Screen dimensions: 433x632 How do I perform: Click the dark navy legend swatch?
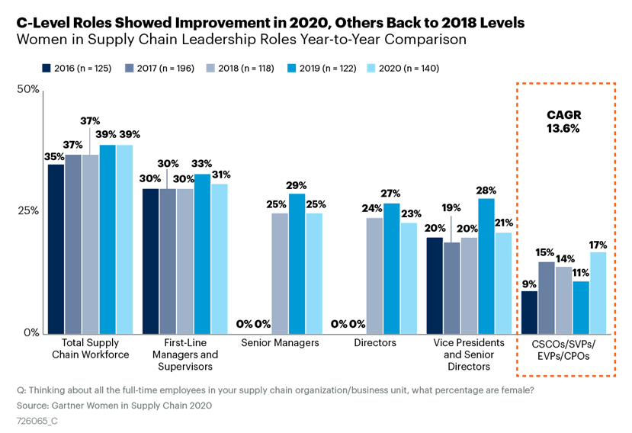click(47, 68)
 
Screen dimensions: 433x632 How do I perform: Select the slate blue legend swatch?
click(129, 68)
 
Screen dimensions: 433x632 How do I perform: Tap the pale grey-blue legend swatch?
click(210, 68)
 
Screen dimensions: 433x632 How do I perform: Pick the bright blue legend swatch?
click(291, 68)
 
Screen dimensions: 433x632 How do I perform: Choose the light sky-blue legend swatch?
click(371, 68)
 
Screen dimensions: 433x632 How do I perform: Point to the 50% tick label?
click(28, 90)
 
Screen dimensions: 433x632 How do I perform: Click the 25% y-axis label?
click(28, 210)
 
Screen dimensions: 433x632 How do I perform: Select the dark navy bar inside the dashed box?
click(529, 312)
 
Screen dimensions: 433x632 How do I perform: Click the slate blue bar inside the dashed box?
click(547, 297)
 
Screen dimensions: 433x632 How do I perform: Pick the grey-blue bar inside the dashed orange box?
click(563, 300)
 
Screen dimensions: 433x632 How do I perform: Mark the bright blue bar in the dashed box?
click(581, 307)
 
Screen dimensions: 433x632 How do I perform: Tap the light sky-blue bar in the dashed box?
click(598, 292)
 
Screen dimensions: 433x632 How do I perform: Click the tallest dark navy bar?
click(56, 249)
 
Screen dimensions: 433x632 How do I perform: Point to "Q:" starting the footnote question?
click(21, 390)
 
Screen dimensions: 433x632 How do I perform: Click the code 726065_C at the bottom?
click(37, 420)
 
